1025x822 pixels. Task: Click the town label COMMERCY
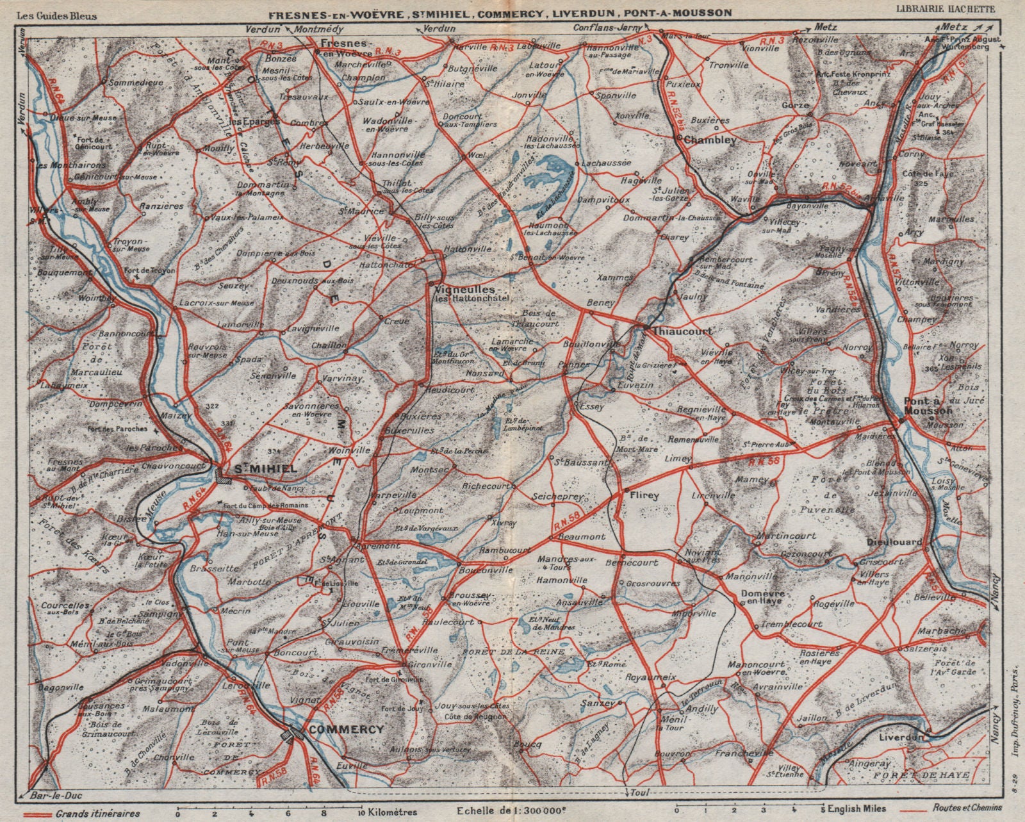pos(346,730)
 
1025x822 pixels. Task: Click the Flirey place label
pos(645,495)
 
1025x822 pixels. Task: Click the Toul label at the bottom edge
pos(635,794)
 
